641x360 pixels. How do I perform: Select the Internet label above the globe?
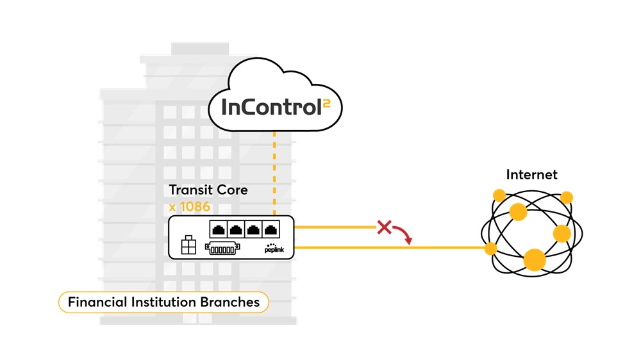pos(531,174)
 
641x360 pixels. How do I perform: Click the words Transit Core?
pos(208,190)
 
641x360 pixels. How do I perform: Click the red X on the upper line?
pos(384,227)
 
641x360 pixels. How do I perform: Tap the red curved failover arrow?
pos(404,234)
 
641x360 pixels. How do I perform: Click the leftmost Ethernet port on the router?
pos(218,229)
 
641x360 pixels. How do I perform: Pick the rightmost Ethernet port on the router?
pos(272,229)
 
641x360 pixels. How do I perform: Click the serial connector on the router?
pos(224,247)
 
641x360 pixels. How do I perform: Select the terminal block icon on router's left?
pos(188,245)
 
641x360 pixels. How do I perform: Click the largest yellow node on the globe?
pos(535,259)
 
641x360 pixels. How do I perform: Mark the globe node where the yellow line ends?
pos(491,247)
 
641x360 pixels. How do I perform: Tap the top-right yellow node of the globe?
pos(567,197)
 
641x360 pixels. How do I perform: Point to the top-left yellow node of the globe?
pos(499,195)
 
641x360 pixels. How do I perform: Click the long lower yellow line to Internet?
pos(385,247)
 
